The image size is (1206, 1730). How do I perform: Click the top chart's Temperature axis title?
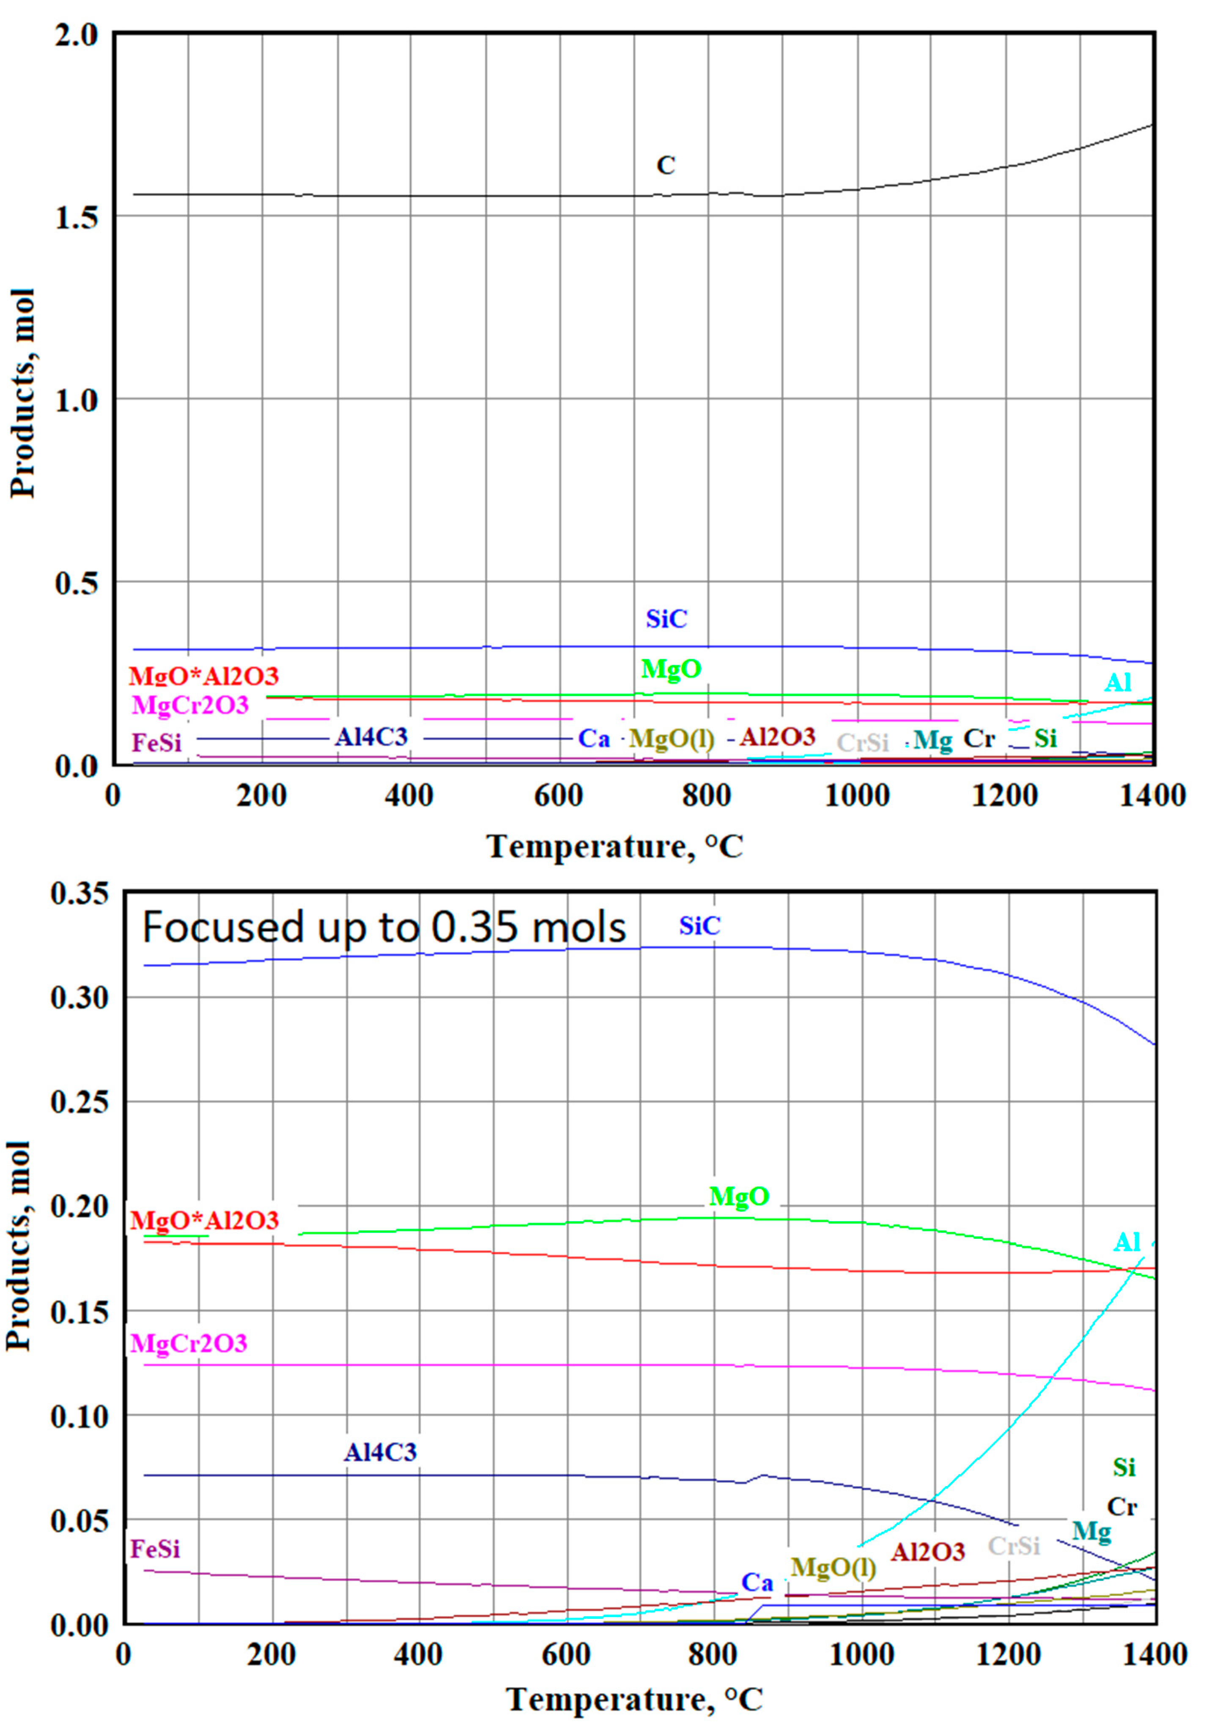point(614,846)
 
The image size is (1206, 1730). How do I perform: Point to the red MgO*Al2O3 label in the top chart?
point(203,676)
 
